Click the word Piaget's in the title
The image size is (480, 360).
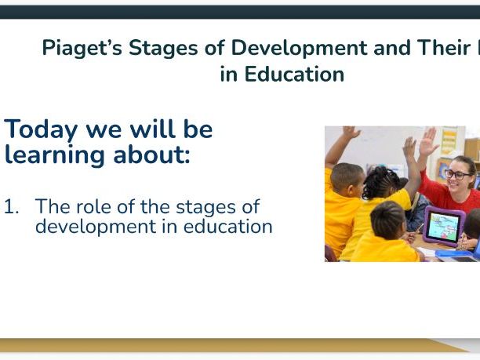[x=81, y=48]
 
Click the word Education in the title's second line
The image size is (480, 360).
[x=294, y=75]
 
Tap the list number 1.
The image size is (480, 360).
[x=11, y=208]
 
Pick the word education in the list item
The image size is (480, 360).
[x=231, y=227]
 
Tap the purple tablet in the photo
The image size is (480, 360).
[x=443, y=226]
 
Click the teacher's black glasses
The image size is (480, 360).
[x=458, y=173]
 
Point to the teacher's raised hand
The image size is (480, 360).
[x=427, y=142]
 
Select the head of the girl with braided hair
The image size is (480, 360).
[x=382, y=183]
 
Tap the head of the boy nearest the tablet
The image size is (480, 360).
[x=387, y=220]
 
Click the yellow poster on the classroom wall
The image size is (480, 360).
[x=449, y=142]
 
